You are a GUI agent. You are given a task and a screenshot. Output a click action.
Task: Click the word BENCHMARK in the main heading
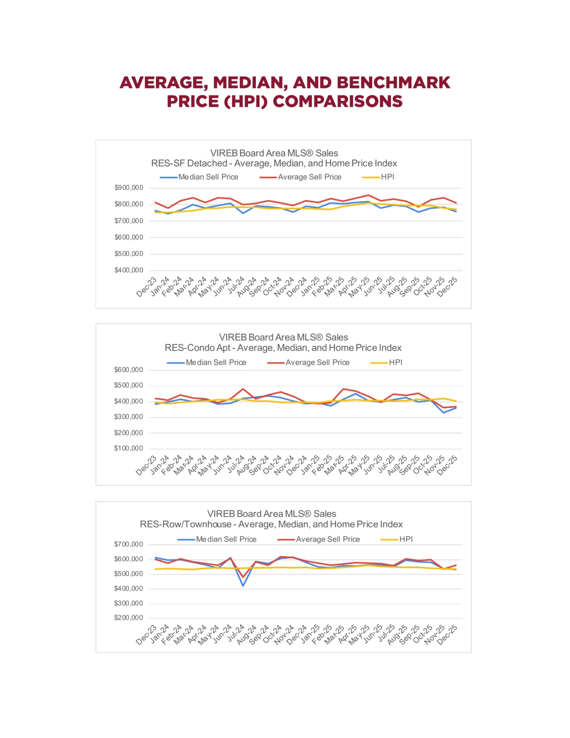393,83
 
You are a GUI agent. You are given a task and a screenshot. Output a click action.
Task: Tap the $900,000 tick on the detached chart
129,188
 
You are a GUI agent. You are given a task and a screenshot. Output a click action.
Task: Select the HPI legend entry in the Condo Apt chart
395,362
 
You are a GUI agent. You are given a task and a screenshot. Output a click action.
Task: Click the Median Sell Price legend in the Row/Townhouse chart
226,539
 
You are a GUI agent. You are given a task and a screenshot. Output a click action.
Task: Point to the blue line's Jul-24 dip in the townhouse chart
243,585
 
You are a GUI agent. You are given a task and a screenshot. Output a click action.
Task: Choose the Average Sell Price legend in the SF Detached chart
309,177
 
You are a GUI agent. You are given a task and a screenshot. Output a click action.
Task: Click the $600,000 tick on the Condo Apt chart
128,370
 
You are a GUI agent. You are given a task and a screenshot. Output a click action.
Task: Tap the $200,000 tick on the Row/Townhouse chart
128,618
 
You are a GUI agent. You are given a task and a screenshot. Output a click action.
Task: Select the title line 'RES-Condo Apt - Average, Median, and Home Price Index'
283,348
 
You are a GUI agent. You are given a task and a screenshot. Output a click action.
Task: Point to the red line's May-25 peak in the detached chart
368,195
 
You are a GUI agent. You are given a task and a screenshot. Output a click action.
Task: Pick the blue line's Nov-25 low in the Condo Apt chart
444,412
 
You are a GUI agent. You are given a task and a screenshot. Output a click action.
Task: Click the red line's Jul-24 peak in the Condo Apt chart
243,389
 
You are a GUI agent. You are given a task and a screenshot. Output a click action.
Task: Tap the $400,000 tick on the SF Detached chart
129,270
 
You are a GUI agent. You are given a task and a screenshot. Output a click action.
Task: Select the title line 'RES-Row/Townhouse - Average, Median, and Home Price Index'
271,524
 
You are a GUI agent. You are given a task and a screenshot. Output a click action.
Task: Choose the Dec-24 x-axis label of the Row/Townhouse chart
297,635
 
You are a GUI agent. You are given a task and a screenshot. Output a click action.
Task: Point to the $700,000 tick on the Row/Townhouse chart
128,544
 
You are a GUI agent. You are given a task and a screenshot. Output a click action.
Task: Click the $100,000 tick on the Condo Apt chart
128,448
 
